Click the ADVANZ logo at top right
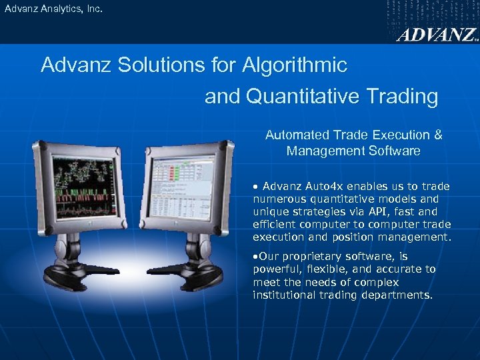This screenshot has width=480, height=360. (437, 35)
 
